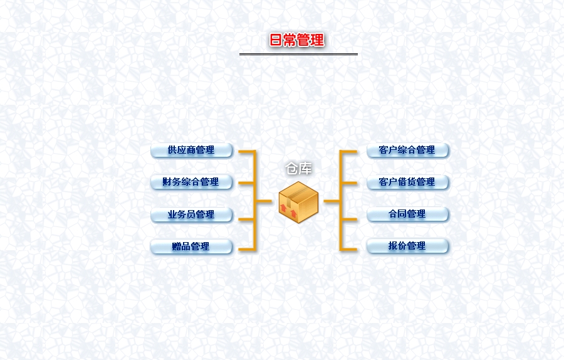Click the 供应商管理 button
pos(191,150)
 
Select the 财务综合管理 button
pos(191,182)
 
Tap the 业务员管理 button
pos(191,215)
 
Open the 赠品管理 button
pos(191,247)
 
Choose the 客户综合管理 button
pos(407,150)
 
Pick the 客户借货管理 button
pos(407,182)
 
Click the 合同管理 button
pos(407,214)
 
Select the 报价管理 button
pos(407,246)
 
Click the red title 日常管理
pos(297,40)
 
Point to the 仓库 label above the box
pos(298,169)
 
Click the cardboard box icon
pos(298,202)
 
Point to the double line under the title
pos(298,55)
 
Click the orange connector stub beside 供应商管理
pos(247,152)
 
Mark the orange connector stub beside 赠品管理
pos(247,249)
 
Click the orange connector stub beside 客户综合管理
pos(349,152)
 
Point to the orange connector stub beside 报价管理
pos(349,249)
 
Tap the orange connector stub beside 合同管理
pos(349,220)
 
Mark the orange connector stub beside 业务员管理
pos(247,220)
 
